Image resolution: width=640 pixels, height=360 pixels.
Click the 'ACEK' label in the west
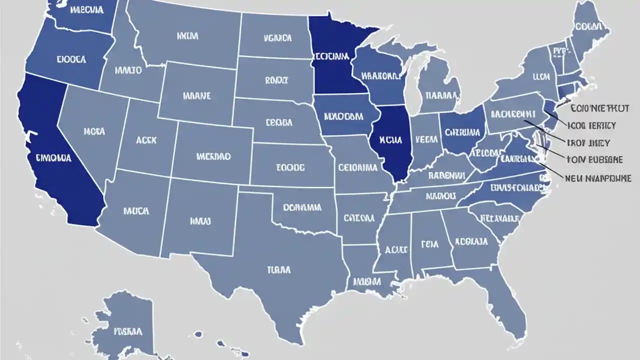coord(146,141)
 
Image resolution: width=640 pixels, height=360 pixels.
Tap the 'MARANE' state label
coord(197,95)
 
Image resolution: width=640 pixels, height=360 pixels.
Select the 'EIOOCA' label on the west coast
coord(71,59)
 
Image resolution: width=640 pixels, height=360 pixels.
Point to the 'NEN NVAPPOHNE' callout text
coord(598,178)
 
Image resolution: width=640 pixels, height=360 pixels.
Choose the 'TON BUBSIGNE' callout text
coord(594,160)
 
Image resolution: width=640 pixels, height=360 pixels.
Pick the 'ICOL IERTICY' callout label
coord(592,125)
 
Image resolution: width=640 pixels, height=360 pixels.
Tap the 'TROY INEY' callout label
coord(588,143)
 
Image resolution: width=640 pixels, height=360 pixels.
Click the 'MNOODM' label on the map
coord(343,116)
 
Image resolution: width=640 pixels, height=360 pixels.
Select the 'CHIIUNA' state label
coord(462,132)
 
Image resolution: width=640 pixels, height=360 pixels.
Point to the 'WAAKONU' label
coord(381,76)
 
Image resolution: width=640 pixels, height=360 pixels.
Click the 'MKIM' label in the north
coord(187,36)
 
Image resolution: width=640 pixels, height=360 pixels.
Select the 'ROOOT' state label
coord(276,79)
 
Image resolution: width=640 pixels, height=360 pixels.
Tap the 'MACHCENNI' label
coord(512,114)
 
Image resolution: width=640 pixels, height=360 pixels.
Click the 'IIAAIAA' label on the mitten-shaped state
coord(439,94)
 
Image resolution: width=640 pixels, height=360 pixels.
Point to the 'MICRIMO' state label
coord(213,156)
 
